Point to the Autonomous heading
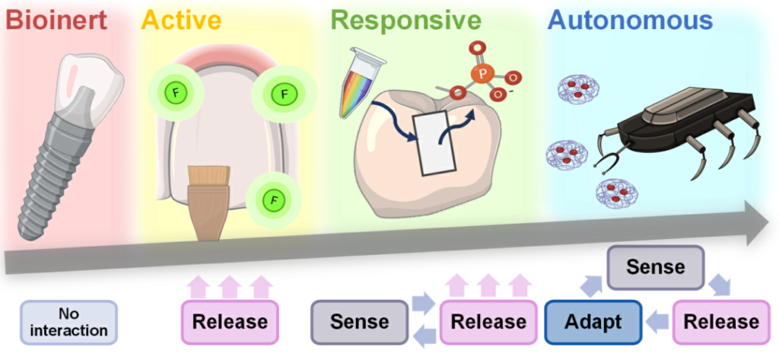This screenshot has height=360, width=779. pos(630,20)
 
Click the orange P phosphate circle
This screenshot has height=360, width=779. pos(480,74)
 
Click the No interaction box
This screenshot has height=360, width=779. pos(69,321)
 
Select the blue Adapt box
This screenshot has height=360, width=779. pos(594,321)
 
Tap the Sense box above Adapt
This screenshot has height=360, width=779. pos(655,267)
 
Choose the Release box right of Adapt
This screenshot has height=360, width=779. pos(720,321)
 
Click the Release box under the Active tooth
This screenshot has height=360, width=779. pos(230,321)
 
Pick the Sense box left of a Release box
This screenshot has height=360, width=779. pos(359,321)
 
